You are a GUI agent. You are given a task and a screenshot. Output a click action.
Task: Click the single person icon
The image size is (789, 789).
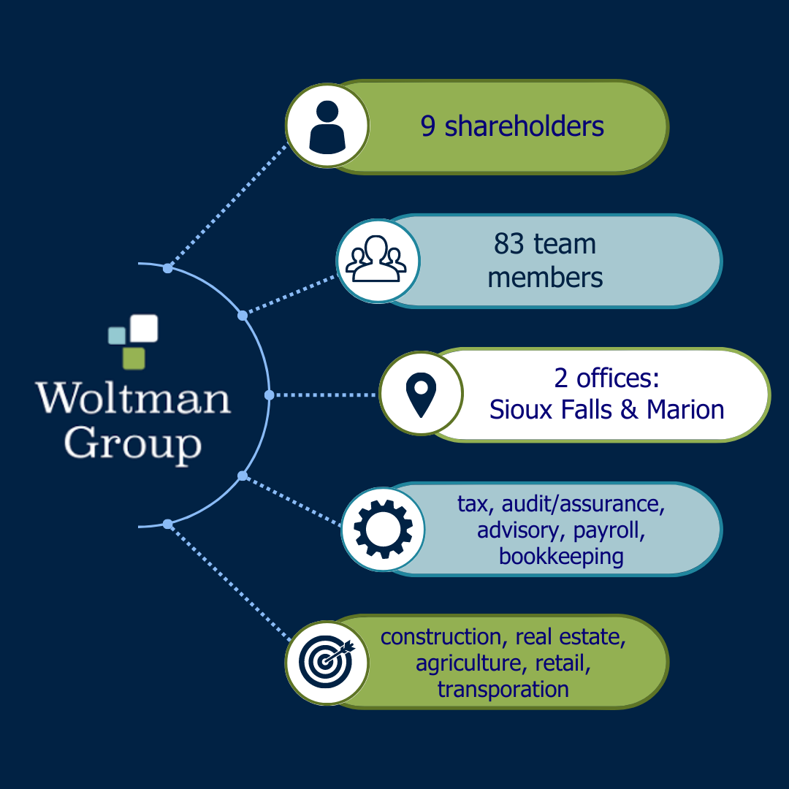[327, 126]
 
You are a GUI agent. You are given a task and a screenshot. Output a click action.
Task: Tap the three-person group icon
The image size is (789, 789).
[377, 261]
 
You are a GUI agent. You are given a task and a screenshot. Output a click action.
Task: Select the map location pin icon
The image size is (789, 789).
[421, 394]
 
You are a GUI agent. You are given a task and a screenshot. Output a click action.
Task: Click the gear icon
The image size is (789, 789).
[383, 528]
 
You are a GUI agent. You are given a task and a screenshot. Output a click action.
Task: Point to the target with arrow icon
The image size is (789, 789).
[327, 663]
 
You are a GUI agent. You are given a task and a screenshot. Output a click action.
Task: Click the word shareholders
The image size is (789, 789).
[524, 126]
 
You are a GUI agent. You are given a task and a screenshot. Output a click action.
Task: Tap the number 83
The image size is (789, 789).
[509, 244]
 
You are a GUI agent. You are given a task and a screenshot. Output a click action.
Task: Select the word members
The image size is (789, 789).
[545, 278]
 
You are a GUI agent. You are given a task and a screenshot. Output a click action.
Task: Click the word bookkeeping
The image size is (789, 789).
[561, 557]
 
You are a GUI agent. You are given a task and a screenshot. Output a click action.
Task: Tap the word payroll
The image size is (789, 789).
[609, 530]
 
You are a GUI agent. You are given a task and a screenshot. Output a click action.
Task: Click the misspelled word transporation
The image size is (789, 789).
[503, 689]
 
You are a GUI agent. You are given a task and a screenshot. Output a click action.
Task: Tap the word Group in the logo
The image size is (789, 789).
[132, 443]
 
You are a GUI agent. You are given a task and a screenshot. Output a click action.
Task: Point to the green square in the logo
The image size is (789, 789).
[133, 358]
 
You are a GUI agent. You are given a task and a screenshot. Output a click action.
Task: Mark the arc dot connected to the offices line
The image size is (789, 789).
[269, 394]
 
